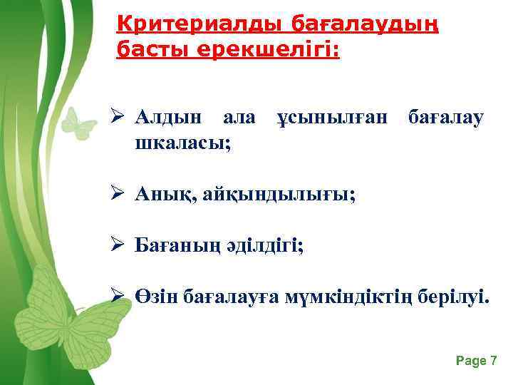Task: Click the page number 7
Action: [493, 361]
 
